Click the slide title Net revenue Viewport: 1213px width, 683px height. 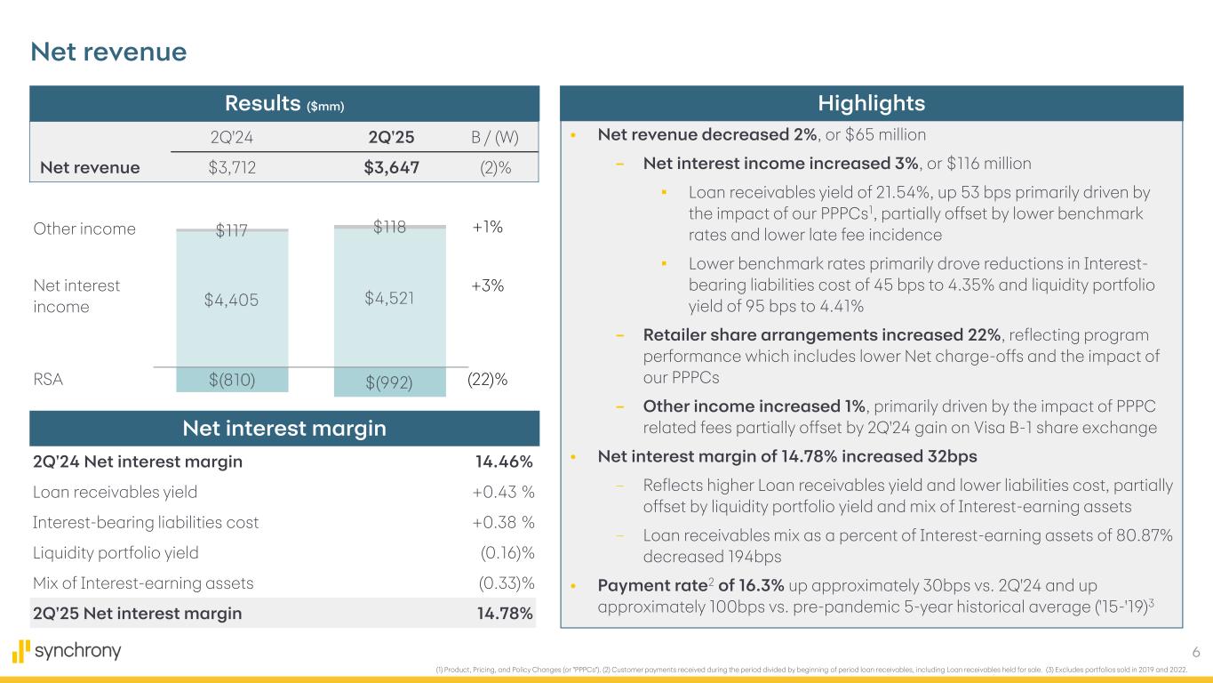pyautogui.click(x=108, y=52)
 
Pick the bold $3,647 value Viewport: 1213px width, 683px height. pyautogui.click(x=386, y=167)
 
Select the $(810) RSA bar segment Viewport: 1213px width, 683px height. pyautogui.click(x=233, y=380)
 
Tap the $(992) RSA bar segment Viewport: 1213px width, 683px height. pyautogui.click(x=390, y=382)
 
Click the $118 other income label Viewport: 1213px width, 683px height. pyautogui.click(x=389, y=227)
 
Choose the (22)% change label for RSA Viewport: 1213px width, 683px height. pyautogui.click(x=487, y=380)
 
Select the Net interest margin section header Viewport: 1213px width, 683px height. pyautogui.click(x=284, y=429)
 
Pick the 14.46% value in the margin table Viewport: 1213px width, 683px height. pyautogui.click(x=504, y=462)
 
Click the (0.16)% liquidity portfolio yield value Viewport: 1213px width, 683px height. pyautogui.click(x=507, y=552)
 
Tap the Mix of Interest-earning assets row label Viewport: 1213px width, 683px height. pyautogui.click(x=143, y=583)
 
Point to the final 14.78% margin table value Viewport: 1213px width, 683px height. pyautogui.click(x=504, y=613)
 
